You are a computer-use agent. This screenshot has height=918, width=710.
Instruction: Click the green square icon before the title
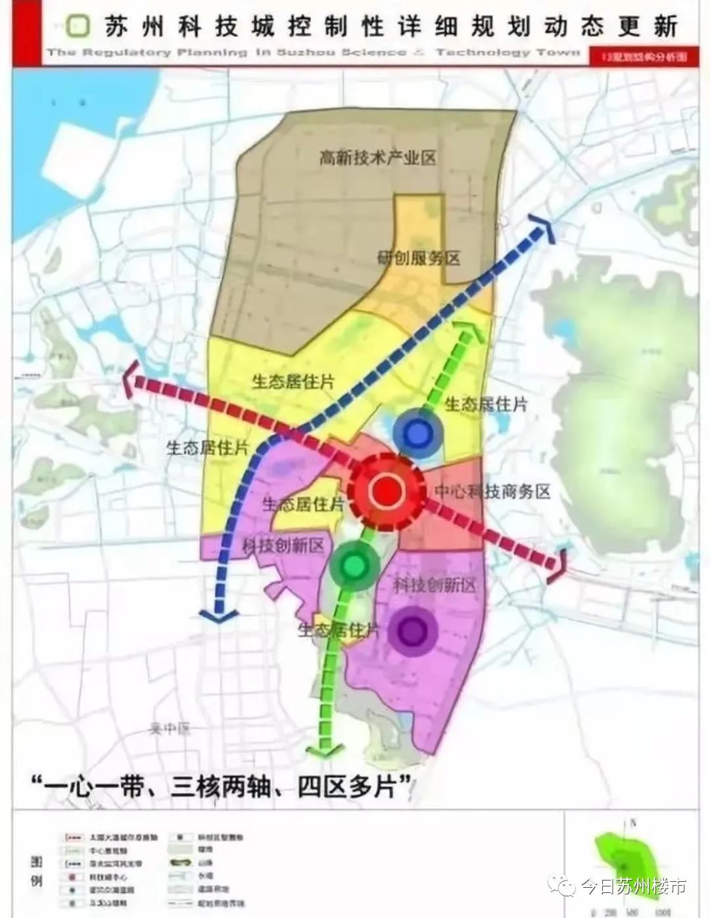click(80, 26)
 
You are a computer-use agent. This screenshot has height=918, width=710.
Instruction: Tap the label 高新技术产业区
click(377, 158)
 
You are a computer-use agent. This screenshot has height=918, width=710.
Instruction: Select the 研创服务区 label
click(418, 257)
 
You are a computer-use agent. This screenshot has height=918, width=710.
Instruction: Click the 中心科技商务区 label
click(492, 491)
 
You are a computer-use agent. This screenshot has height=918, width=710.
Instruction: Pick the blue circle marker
click(417, 433)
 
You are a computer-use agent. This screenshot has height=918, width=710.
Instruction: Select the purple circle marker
click(412, 631)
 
